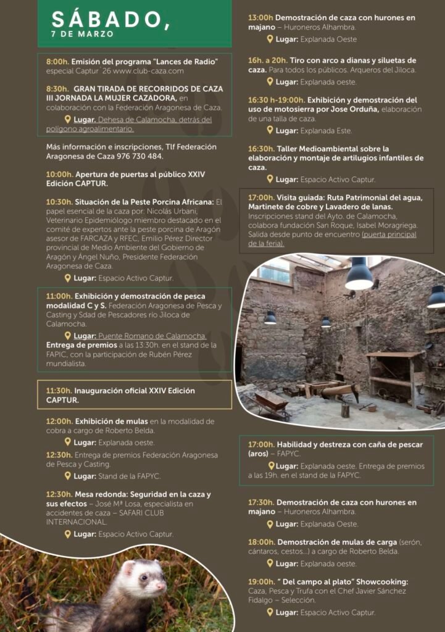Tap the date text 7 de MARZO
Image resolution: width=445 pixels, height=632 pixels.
coord(83,35)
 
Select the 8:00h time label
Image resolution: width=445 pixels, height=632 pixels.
coord(57,62)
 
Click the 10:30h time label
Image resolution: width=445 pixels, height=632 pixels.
coord(59,202)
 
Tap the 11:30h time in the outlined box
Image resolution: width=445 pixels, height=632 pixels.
coord(59,391)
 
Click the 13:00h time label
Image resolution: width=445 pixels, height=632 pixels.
coord(260,18)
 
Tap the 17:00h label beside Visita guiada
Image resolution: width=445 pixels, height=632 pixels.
coord(260,197)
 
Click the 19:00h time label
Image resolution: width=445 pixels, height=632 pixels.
coord(261,582)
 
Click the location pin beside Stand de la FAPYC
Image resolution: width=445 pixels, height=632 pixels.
coord(67,476)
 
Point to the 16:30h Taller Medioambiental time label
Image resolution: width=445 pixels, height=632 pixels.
coord(261,149)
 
